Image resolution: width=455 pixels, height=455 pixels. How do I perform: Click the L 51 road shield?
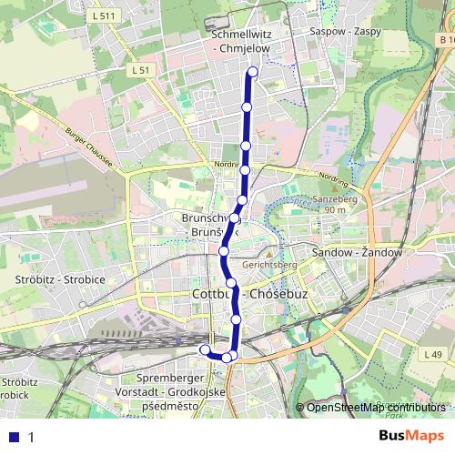click(139, 70)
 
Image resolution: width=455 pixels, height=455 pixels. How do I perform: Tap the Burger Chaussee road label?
click(88, 147)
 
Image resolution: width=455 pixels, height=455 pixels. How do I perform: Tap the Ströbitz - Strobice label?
click(61, 278)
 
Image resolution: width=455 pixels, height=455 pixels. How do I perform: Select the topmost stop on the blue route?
click(252, 73)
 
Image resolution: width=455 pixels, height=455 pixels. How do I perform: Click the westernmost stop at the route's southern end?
click(205, 349)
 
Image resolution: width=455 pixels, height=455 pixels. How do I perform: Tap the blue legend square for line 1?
click(15, 437)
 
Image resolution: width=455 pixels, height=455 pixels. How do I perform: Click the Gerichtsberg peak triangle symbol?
click(268, 254)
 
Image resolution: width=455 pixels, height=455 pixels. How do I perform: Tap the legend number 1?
click(31, 437)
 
